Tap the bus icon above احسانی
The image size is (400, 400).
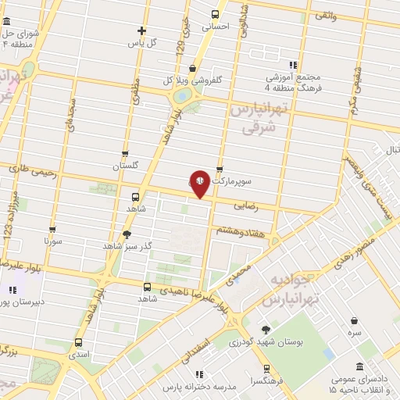pos(216,13)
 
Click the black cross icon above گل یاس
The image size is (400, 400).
pos(141,30)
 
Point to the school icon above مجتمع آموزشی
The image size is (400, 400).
pos(294,65)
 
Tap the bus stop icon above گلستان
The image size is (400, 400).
pos(125,154)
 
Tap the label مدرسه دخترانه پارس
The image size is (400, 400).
pos(195,387)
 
